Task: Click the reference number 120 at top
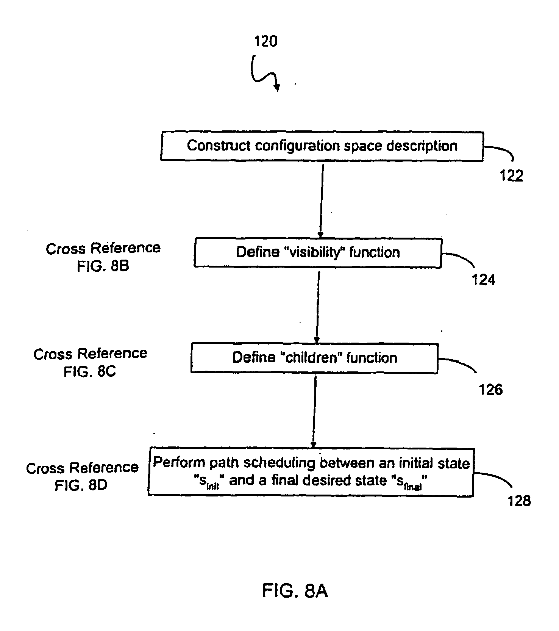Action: tap(265, 41)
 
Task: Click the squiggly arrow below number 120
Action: tap(264, 73)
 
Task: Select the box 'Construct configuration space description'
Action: tap(322, 146)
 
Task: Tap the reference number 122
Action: tap(511, 176)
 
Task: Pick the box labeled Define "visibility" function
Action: tap(318, 252)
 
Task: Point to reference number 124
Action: tap(483, 280)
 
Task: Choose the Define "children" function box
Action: tap(314, 358)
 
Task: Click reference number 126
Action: tap(491, 389)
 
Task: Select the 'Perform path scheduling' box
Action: tap(311, 472)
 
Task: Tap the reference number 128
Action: tap(519, 501)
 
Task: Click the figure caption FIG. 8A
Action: tap(295, 591)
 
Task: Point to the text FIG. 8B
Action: tap(103, 266)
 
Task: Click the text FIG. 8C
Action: tap(90, 371)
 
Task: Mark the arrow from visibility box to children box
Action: tap(318, 305)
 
